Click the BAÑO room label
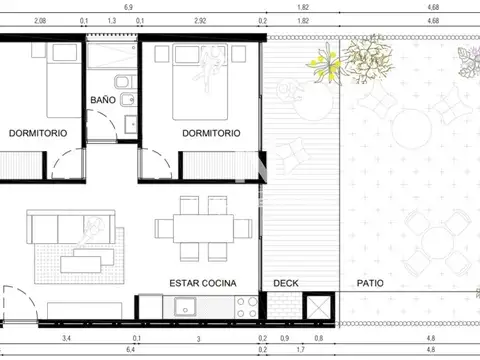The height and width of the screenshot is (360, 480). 103,100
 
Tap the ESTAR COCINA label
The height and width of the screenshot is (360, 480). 203,283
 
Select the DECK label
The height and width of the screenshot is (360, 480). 286,283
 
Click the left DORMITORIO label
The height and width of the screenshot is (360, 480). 37,133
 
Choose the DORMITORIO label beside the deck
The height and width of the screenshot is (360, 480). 210,133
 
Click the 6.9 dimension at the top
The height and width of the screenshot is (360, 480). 129,6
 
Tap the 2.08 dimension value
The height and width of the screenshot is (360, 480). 40,19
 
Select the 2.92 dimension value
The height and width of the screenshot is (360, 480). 200,19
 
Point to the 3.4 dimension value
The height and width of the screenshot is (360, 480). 66,340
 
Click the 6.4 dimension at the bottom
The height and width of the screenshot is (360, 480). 130,352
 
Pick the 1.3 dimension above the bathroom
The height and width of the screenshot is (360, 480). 110,19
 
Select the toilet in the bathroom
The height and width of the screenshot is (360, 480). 121,84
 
